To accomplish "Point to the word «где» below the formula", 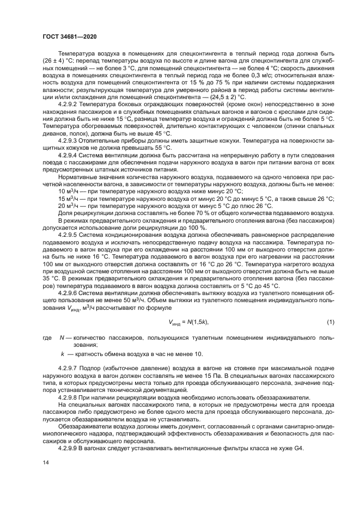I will [x=48, y=338].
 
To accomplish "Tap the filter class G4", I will [x=299, y=447].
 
